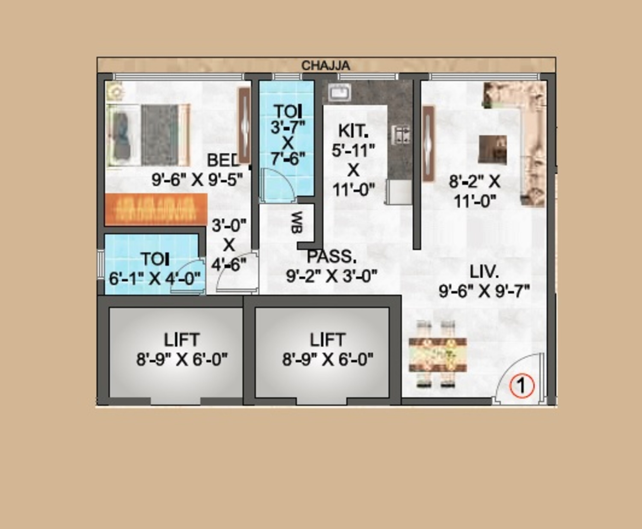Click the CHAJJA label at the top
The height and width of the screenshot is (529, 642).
(x=325, y=66)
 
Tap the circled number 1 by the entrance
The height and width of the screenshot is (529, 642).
(x=522, y=386)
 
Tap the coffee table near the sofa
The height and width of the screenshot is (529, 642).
(x=493, y=150)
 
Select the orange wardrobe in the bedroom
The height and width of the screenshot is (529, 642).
(x=156, y=210)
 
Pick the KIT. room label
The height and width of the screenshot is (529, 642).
(x=353, y=131)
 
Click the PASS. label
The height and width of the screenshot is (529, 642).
(x=331, y=257)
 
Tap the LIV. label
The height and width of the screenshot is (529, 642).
(x=484, y=272)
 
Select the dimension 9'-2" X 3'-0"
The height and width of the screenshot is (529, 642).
(x=331, y=276)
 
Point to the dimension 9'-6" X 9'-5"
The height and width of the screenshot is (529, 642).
(x=197, y=179)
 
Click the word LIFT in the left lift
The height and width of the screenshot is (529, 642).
(x=182, y=339)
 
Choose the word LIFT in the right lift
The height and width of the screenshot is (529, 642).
(x=328, y=339)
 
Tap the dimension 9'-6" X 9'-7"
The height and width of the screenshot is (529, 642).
(x=484, y=291)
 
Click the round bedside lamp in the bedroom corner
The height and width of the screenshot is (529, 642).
(x=115, y=92)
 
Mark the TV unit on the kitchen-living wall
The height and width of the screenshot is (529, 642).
(x=428, y=144)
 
